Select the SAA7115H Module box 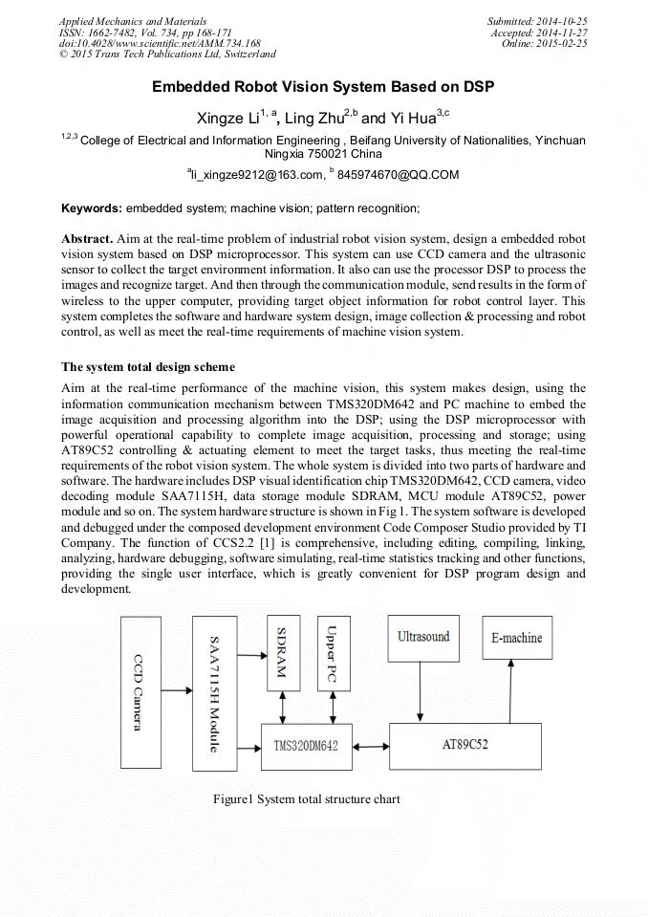pyautogui.click(x=214, y=693)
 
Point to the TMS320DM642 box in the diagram pyautogui.click(x=306, y=745)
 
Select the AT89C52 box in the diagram pyautogui.click(x=465, y=744)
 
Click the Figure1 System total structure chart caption pyautogui.click(x=306, y=799)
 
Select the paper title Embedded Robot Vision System pyautogui.click(x=323, y=87)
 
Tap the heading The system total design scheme pyautogui.click(x=148, y=367)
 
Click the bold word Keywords pyautogui.click(x=91, y=207)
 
